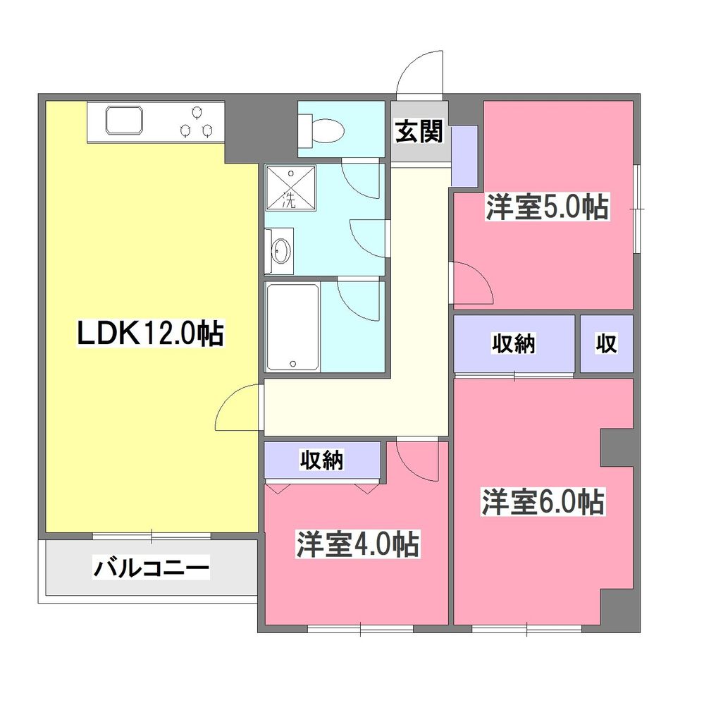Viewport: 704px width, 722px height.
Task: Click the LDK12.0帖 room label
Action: click(150, 334)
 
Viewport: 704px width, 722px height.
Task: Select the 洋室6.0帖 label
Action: click(542, 502)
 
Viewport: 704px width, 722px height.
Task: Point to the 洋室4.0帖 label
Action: click(357, 544)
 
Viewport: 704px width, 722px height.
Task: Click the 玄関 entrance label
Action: click(419, 131)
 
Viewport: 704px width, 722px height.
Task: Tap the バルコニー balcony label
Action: click(152, 567)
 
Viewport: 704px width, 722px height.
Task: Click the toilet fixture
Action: click(323, 130)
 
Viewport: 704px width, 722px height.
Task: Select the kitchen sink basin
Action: click(124, 121)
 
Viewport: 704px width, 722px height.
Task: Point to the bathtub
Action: click(292, 326)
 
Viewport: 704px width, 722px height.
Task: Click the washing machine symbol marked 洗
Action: click(290, 188)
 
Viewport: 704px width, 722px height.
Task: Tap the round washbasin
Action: click(281, 250)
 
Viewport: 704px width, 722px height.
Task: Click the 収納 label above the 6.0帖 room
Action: click(513, 344)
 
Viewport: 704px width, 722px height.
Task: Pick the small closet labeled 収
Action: click(607, 344)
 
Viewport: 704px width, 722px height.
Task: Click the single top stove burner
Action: click(197, 111)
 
